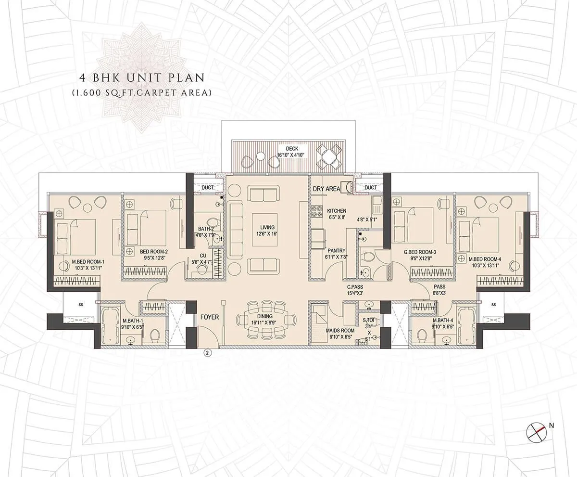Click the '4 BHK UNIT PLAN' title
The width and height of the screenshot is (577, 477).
(141, 77)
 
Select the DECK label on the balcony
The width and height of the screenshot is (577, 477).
(292, 149)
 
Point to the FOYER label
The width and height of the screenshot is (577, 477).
(209, 317)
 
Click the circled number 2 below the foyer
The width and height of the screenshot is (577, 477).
(207, 353)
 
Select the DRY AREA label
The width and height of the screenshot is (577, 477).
(326, 189)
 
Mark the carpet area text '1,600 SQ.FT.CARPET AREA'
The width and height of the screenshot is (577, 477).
(141, 92)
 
